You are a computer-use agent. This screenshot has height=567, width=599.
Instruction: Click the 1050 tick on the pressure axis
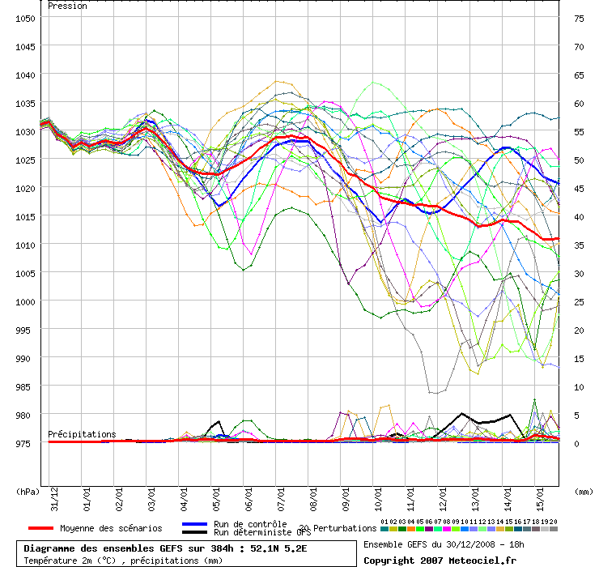pyautogui.click(x=24, y=18)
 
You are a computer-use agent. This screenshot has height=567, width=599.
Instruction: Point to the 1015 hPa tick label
pyautogui.click(x=24, y=216)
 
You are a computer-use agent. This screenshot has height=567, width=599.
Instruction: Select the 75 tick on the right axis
pyautogui.click(x=578, y=18)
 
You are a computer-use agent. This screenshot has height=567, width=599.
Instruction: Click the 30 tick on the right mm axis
pyautogui.click(x=578, y=273)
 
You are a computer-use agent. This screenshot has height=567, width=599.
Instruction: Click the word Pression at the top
pyautogui.click(x=68, y=6)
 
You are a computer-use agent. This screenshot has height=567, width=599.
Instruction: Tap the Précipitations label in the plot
pyautogui.click(x=82, y=434)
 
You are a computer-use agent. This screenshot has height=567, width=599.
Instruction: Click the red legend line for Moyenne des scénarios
pyautogui.click(x=35, y=528)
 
